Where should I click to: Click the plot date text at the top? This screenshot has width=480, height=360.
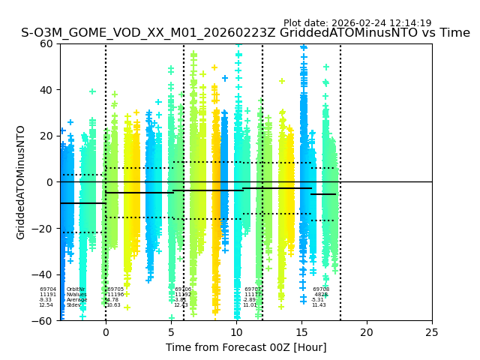[x=357, y=23]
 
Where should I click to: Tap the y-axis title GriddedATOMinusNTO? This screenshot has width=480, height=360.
[x=21, y=182]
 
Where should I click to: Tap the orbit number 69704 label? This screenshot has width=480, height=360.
[x=48, y=289]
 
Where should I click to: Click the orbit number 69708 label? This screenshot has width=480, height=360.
[x=321, y=289]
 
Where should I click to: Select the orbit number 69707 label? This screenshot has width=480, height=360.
[x=253, y=289]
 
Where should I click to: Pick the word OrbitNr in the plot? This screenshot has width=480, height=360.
[x=76, y=289]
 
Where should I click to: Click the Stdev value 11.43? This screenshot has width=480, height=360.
[x=319, y=305]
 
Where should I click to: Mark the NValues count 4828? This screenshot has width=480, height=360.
[x=321, y=294]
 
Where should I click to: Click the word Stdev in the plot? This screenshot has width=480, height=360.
[x=73, y=305]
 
